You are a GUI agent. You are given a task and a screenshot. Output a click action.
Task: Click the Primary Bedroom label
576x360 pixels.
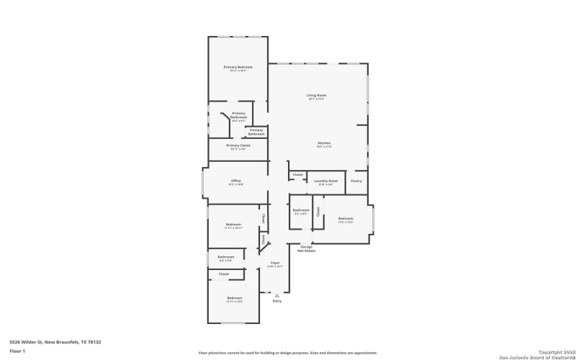pos(238,67)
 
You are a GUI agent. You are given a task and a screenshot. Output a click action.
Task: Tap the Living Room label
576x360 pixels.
pos(317,95)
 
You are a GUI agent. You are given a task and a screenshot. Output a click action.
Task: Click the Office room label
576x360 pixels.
pos(235,181)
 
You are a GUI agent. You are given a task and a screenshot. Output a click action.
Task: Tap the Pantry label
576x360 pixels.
pos(356,181)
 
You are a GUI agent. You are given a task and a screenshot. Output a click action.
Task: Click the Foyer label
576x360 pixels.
pos(275,263)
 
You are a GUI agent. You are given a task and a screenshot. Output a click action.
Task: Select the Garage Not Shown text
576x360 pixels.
pos(307,248)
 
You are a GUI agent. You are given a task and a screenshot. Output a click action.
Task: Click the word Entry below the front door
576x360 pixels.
pos(277,301)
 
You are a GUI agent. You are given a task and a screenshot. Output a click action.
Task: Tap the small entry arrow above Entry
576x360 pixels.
pos(277,294)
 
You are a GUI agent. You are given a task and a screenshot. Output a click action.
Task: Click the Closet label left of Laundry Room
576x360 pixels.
pos(297,174)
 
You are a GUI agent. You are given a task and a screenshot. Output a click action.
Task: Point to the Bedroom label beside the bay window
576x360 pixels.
pos(346,218)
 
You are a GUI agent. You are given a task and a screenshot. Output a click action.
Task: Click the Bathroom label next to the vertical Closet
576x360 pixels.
pos(300,210)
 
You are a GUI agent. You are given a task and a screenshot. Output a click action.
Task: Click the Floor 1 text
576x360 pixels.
pos(17,351)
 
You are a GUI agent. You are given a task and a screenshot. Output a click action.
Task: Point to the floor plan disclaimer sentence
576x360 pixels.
pos(288,353)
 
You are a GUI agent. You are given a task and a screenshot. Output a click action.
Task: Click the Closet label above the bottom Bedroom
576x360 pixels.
pos(224,274)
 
